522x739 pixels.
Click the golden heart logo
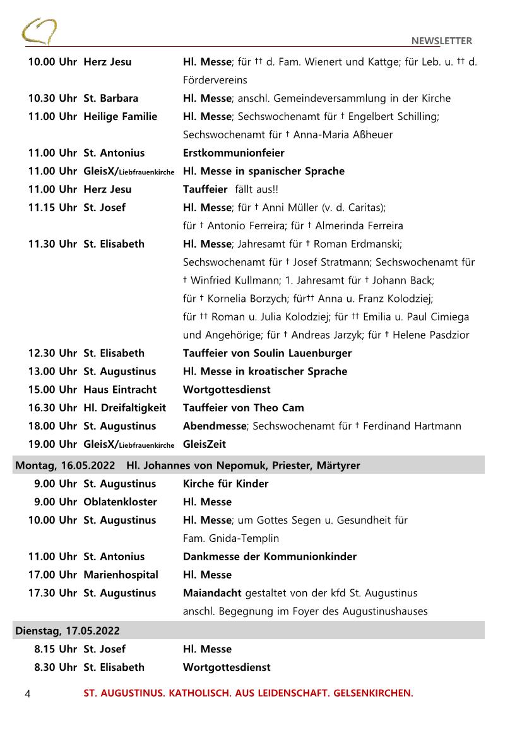click(39, 31)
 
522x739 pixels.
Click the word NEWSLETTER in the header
click(441, 41)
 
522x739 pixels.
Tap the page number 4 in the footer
click(27, 694)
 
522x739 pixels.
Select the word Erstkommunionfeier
click(234, 153)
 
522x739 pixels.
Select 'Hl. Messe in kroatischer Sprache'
click(264, 371)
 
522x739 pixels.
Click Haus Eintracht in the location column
click(120, 390)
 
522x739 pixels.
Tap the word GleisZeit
click(205, 445)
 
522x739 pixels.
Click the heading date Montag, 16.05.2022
click(65, 466)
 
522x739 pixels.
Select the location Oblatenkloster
click(120, 502)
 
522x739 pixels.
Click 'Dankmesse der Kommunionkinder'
click(270, 557)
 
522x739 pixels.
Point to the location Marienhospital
click(121, 575)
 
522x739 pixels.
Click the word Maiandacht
click(212, 594)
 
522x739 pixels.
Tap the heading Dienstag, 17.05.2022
click(67, 631)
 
